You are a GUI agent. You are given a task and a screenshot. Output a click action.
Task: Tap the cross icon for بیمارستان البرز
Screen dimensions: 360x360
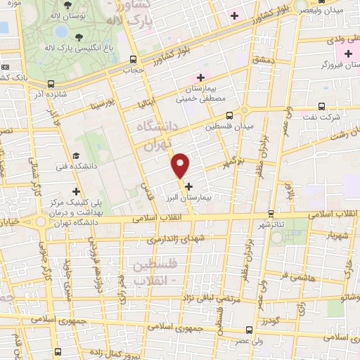pos(188,186)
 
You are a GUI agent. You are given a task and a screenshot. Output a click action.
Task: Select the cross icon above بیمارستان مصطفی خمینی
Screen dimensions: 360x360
pos(201,77)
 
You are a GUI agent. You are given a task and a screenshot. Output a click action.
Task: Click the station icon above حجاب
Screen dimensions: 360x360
pos(134,60)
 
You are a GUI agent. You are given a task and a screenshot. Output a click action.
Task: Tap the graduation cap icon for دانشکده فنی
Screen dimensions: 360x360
pos(77,156)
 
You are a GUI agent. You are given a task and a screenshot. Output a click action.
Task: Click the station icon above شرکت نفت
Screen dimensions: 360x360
pos(321,106)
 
